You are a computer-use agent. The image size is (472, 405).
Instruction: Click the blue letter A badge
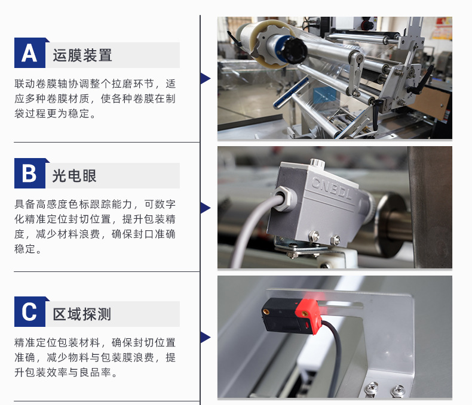30,53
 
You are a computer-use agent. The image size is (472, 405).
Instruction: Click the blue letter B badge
30,174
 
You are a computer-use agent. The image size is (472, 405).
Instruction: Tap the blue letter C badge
30,311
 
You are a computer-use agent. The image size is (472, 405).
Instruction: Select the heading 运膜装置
82,55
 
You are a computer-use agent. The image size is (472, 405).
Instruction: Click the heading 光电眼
74,176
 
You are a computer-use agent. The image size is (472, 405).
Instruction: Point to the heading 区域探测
82,314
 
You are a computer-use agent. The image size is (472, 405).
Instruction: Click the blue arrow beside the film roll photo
206,78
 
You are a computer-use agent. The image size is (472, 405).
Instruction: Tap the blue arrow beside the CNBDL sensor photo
206,208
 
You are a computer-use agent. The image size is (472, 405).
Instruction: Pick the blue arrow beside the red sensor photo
206,338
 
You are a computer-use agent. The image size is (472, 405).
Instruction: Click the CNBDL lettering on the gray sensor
331,188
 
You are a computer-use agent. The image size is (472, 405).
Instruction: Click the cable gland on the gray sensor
284,198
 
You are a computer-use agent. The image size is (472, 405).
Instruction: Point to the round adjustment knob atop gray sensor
317,163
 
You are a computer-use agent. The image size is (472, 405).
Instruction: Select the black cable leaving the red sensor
335,354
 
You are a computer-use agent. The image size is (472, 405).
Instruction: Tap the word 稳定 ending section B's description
25,249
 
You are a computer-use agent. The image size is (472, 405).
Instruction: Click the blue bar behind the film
290,92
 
